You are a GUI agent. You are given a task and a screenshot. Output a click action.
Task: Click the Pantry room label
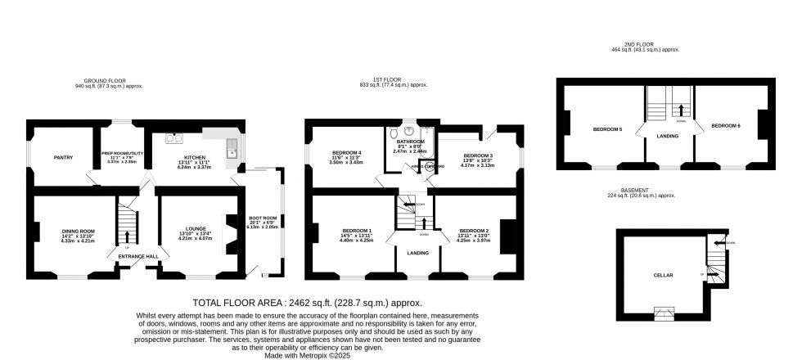click(x=65, y=157)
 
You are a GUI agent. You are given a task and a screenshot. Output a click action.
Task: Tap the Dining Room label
click(x=79, y=232)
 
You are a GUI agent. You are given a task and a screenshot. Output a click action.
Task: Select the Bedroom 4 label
click(x=347, y=153)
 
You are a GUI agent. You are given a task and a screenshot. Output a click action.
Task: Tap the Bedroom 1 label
click(x=358, y=232)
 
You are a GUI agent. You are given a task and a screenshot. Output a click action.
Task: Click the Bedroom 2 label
click(x=474, y=232)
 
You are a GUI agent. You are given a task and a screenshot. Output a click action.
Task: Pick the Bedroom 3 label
click(x=478, y=155)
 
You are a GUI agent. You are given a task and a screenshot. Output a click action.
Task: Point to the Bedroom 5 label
click(x=607, y=129)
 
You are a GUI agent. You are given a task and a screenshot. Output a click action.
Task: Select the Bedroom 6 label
click(x=725, y=125)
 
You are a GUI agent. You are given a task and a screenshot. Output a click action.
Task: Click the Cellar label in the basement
click(x=663, y=276)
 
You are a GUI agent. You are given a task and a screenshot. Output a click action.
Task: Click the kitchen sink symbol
click(x=232, y=147)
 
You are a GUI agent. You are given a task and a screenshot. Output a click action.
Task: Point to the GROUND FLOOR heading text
click(x=108, y=80)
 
